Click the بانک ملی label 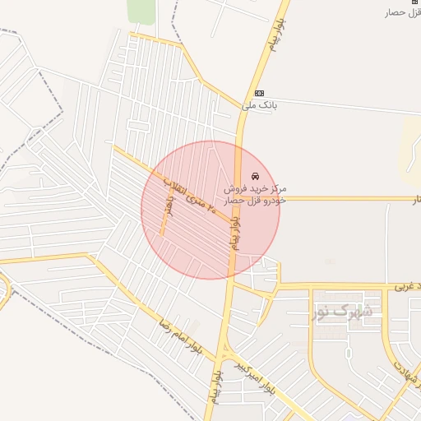(261, 105)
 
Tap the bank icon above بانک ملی (260, 93)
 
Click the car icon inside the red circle (255, 176)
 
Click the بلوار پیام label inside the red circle (234, 229)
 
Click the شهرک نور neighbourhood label (344, 312)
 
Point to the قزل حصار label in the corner (403, 12)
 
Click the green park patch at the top (141, 11)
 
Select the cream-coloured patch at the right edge (410, 148)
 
